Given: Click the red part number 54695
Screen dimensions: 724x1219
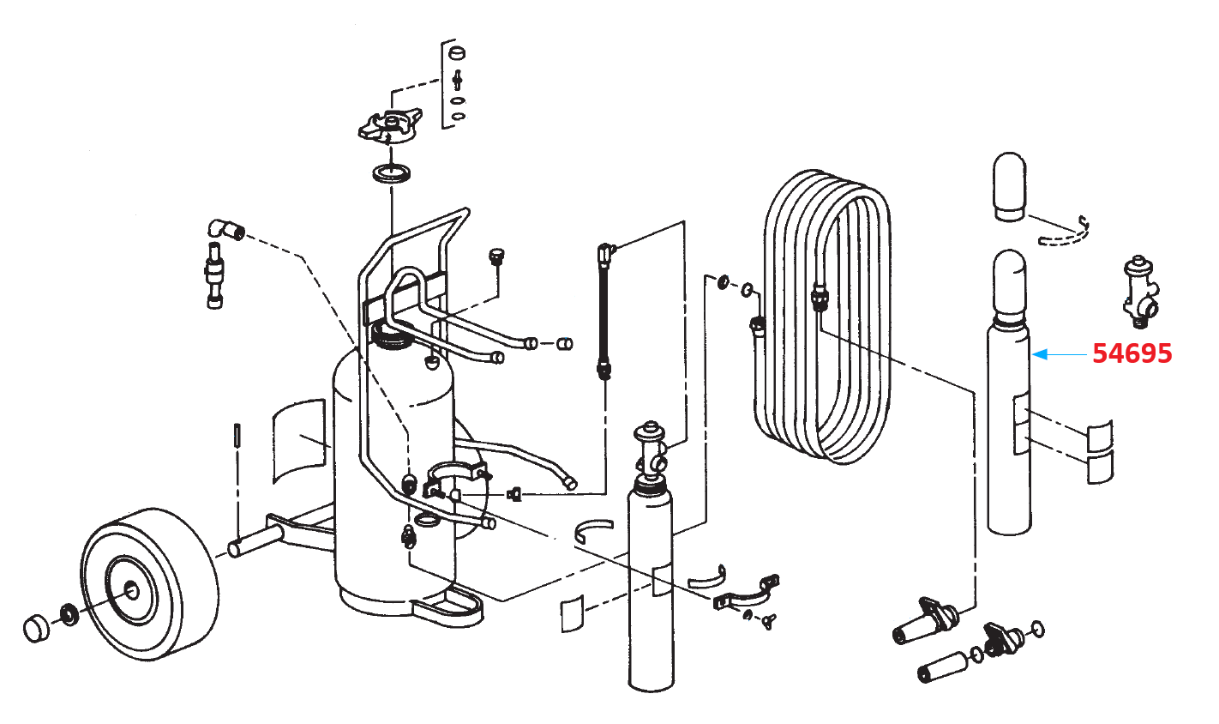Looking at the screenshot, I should (x=1132, y=353).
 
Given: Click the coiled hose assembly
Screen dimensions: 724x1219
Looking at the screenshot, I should (x=827, y=317).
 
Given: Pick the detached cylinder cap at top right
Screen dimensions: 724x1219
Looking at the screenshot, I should (x=1009, y=185).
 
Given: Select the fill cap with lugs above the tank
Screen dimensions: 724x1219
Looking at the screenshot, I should (x=389, y=127).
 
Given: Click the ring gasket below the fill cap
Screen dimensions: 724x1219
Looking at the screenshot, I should (x=392, y=174).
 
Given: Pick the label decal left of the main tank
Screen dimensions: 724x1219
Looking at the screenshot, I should (x=299, y=438).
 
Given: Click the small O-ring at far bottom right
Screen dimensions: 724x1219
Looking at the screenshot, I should (x=1038, y=630).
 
